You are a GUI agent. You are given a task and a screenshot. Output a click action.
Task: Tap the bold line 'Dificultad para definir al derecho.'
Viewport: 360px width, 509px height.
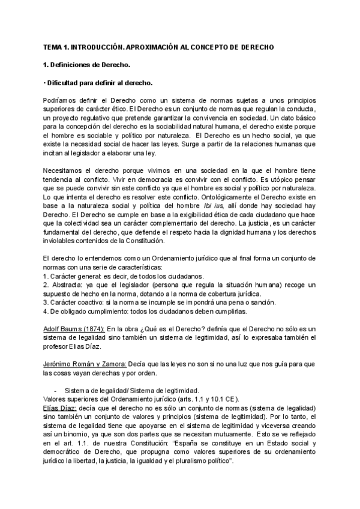[x=100, y=82]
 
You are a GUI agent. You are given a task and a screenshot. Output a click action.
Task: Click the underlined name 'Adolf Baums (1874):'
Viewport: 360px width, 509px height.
[x=75, y=329]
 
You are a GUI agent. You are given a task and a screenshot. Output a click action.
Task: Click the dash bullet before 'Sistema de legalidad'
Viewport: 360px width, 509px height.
[x=56, y=390]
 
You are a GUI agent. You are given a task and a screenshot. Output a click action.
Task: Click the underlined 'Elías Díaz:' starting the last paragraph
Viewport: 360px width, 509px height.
[x=59, y=408]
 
